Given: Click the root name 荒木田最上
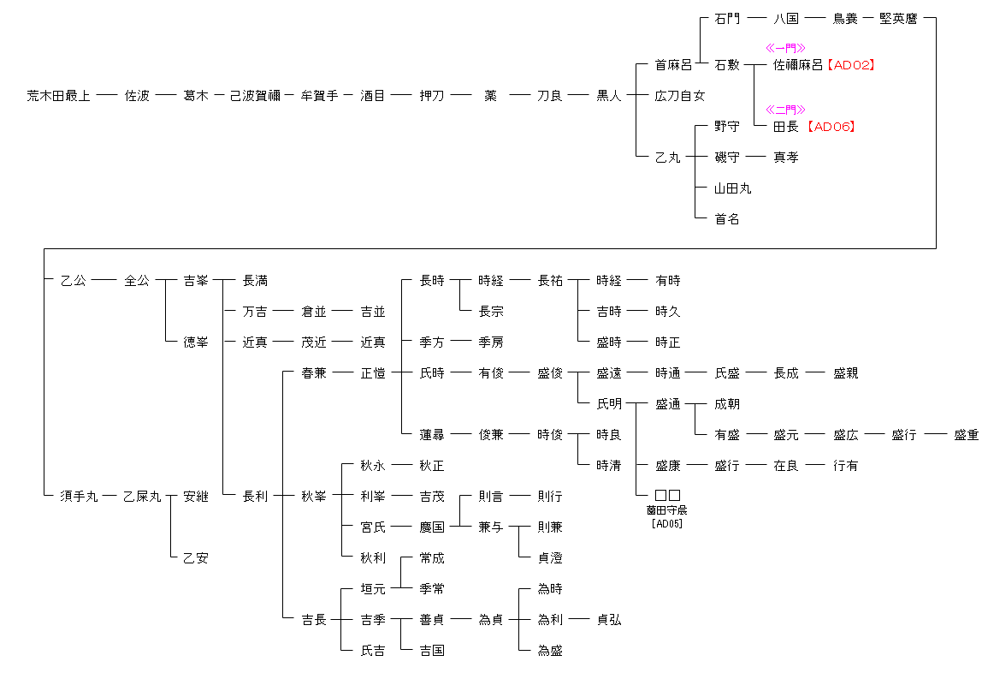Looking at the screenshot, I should [58, 96].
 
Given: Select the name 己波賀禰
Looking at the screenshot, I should [255, 96].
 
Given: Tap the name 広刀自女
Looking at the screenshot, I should [680, 96].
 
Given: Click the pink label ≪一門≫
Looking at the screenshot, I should [785, 49].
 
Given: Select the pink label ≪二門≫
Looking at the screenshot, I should [785, 110].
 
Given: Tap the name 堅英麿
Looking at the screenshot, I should [898, 19].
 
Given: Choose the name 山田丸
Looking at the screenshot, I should [733, 188].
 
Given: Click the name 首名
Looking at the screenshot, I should [727, 219].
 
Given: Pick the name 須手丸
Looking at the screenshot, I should [79, 497].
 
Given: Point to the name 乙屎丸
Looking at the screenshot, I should [142, 497].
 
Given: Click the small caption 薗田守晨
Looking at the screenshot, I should [667, 510].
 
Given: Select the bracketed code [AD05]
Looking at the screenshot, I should [667, 523].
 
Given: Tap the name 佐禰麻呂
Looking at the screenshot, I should [798, 65].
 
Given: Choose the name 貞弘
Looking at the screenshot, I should [609, 620].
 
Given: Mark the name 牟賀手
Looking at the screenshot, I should [320, 96].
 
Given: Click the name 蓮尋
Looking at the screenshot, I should [432, 435].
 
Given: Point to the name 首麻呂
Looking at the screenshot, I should [674, 65].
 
